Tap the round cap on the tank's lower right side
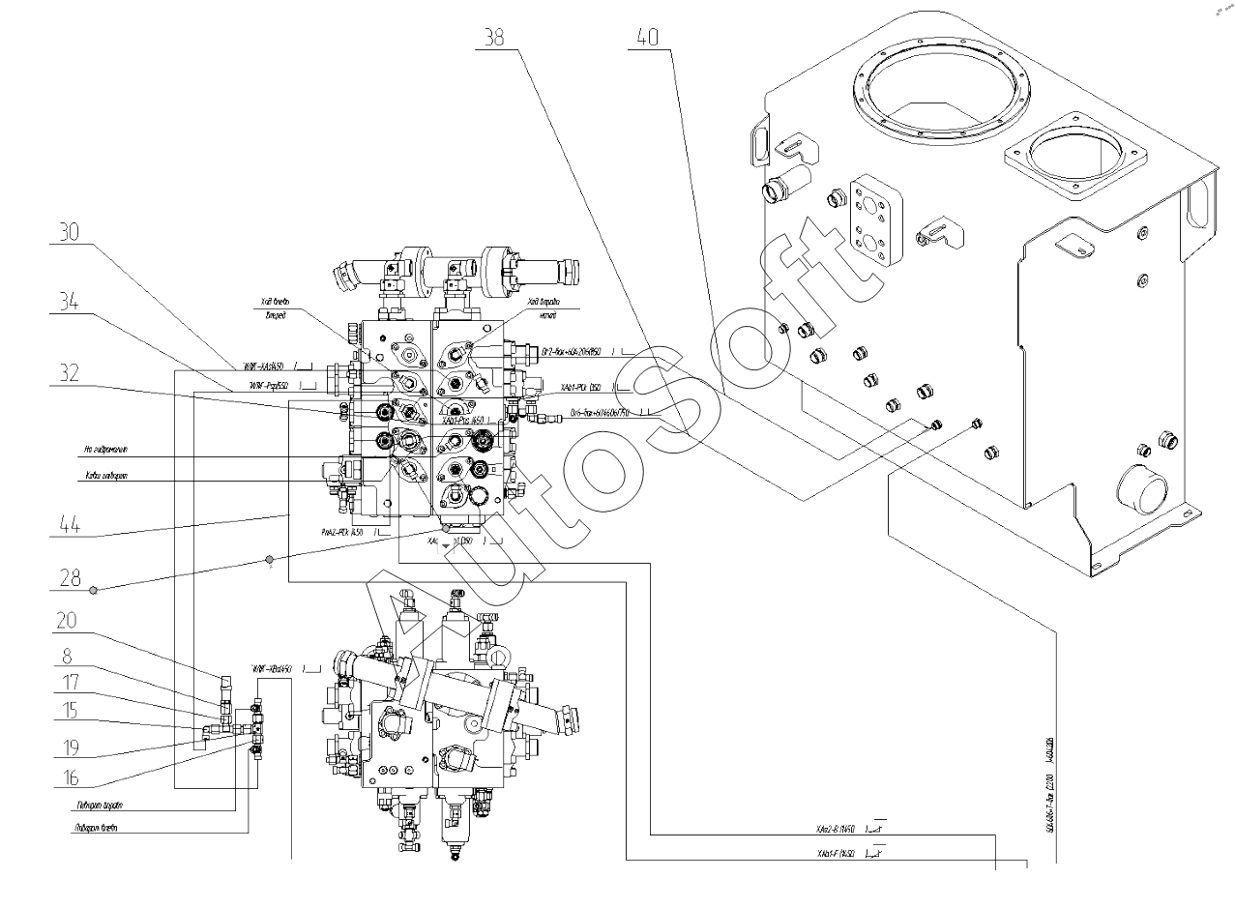point(1141,488)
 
